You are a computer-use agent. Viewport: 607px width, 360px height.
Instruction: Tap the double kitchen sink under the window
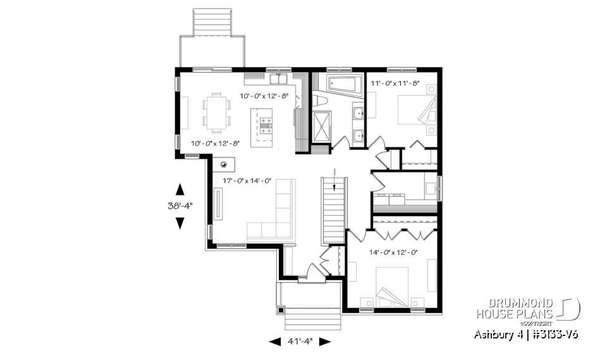click(279, 79)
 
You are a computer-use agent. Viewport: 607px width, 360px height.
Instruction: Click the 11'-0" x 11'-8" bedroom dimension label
click(395, 84)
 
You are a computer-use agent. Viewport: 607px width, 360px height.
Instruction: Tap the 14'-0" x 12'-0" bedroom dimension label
click(394, 252)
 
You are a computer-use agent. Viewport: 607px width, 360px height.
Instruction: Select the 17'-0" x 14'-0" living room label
click(247, 181)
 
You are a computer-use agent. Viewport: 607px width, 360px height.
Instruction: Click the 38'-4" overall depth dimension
click(180, 205)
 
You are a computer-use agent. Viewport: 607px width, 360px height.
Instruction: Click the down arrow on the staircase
click(334, 183)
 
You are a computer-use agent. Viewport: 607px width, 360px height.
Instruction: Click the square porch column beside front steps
click(281, 311)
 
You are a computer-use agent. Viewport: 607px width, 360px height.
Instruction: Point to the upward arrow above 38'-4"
click(180, 189)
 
